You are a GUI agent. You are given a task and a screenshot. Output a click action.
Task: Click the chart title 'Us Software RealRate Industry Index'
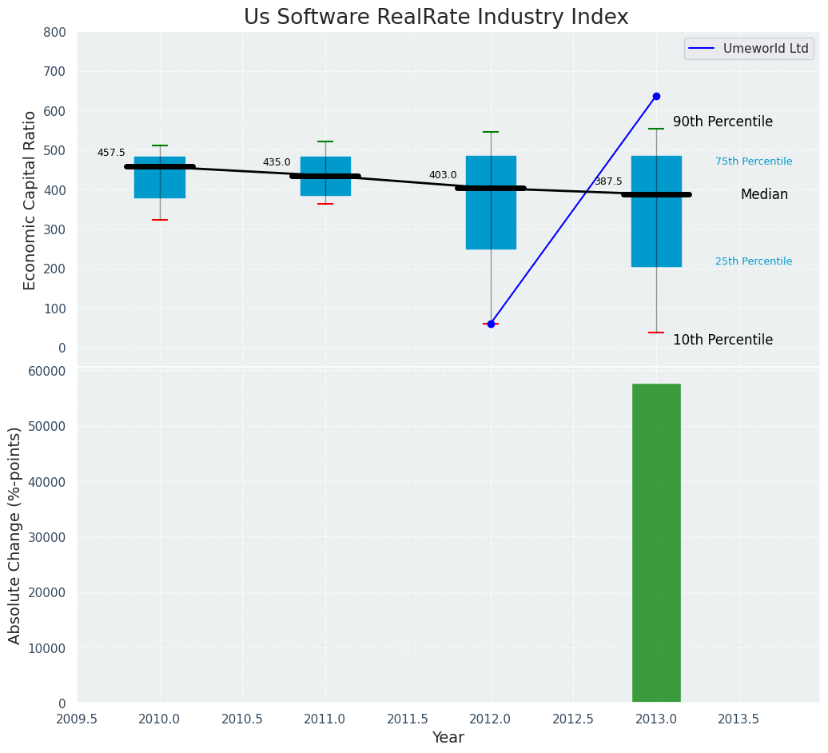pyautogui.click(x=436, y=18)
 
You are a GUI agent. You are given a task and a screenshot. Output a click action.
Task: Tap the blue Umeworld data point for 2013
pyautogui.click(x=656, y=96)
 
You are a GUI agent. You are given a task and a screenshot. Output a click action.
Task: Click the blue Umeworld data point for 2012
pyautogui.click(x=491, y=324)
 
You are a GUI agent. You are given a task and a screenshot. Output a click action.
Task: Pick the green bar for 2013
pyautogui.click(x=656, y=543)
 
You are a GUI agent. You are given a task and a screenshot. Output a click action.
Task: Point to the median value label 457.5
pyautogui.click(x=111, y=153)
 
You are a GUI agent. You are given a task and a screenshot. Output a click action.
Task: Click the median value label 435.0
pyautogui.click(x=277, y=162)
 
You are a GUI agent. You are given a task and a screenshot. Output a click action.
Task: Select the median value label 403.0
pyautogui.click(x=443, y=175)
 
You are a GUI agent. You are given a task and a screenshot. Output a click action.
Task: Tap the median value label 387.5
pyautogui.click(x=608, y=181)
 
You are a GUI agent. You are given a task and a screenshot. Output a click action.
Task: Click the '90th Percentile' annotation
pyautogui.click(x=723, y=122)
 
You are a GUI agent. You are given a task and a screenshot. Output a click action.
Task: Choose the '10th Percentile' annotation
pyautogui.click(x=723, y=340)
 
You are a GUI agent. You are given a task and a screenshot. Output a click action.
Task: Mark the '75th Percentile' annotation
pyautogui.click(x=754, y=161)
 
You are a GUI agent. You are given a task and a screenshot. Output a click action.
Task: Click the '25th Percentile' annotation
pyautogui.click(x=754, y=261)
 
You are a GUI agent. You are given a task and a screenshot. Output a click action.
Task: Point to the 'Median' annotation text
pyautogui.click(x=764, y=195)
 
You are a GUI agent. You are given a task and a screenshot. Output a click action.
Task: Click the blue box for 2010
pyautogui.click(x=160, y=177)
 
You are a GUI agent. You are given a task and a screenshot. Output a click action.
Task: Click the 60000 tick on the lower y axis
pyautogui.click(x=46, y=371)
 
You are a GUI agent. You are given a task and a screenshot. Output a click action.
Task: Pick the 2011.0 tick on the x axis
pyautogui.click(x=325, y=719)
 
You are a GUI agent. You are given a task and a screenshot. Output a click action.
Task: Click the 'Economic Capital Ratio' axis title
pyautogui.click(x=30, y=200)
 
